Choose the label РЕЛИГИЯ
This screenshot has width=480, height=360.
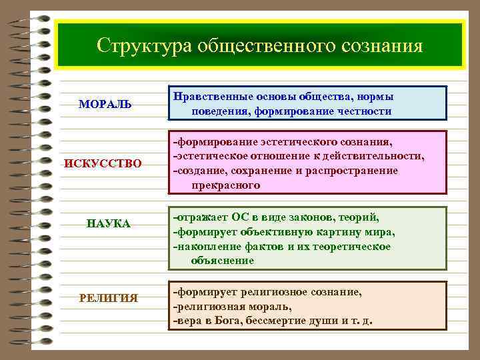pos(109,297)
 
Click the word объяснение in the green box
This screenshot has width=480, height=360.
pos(223,260)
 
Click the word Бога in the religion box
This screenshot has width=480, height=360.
pos(229,320)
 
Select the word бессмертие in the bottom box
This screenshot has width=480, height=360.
pos(276,320)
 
